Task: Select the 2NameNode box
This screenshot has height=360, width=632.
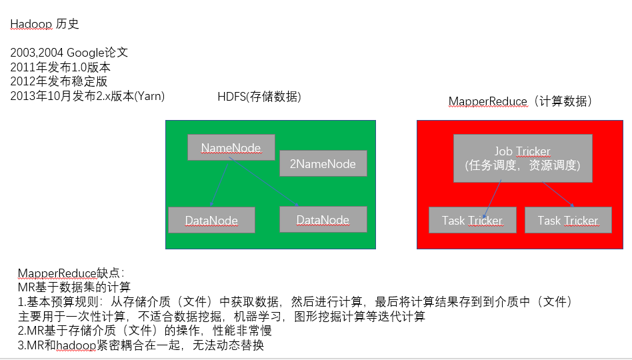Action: [x=323, y=163]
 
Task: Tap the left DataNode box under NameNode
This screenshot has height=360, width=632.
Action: [x=211, y=220]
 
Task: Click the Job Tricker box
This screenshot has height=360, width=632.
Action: [x=523, y=158]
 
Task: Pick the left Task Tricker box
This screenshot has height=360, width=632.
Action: [x=472, y=220]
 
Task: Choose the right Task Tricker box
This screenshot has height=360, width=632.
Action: [x=568, y=220]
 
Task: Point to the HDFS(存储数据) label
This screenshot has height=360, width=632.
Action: [x=259, y=97]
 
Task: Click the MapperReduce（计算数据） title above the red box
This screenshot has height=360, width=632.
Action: [x=521, y=101]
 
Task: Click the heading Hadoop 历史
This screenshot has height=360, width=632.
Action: [x=45, y=24]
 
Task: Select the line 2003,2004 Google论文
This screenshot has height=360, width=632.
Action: [x=69, y=53]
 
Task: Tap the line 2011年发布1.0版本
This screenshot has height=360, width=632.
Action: [x=60, y=67]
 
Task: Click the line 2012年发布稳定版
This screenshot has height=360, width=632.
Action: [x=59, y=81]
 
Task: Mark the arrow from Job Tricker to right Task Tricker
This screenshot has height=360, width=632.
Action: [x=559, y=194]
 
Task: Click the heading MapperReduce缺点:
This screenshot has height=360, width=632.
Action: [x=71, y=273]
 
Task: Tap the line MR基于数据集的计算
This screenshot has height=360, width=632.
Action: [x=74, y=287]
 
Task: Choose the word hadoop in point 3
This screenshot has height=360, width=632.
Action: [x=75, y=345]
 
